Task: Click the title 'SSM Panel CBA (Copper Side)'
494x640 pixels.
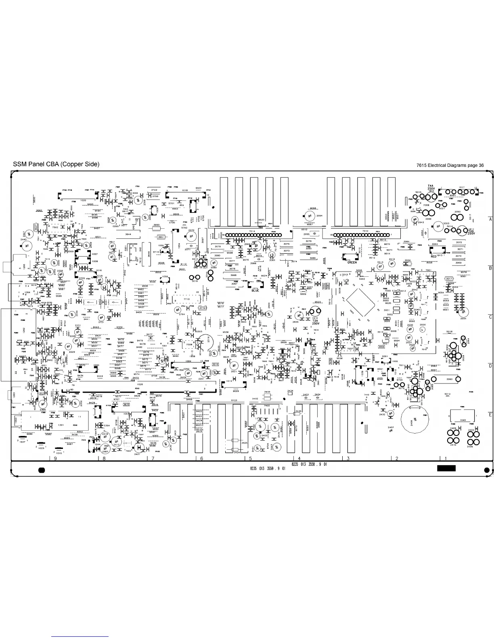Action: click(56, 164)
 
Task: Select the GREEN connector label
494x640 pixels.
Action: click(352, 262)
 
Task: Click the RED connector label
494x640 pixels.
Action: click(433, 256)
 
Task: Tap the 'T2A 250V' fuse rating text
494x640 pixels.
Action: click(316, 321)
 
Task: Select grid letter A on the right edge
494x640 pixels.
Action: click(490, 219)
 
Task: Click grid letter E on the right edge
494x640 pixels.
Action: click(490, 415)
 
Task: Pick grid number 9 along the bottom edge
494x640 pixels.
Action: click(54, 458)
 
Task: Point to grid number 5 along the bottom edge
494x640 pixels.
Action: click(251, 458)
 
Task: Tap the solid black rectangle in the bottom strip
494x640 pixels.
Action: click(446, 468)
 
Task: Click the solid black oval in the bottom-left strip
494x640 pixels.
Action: click(40, 470)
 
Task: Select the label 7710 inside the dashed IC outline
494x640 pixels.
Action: click(186, 299)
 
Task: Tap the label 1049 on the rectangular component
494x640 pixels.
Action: click(463, 420)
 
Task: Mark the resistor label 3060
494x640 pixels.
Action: click(449, 379)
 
